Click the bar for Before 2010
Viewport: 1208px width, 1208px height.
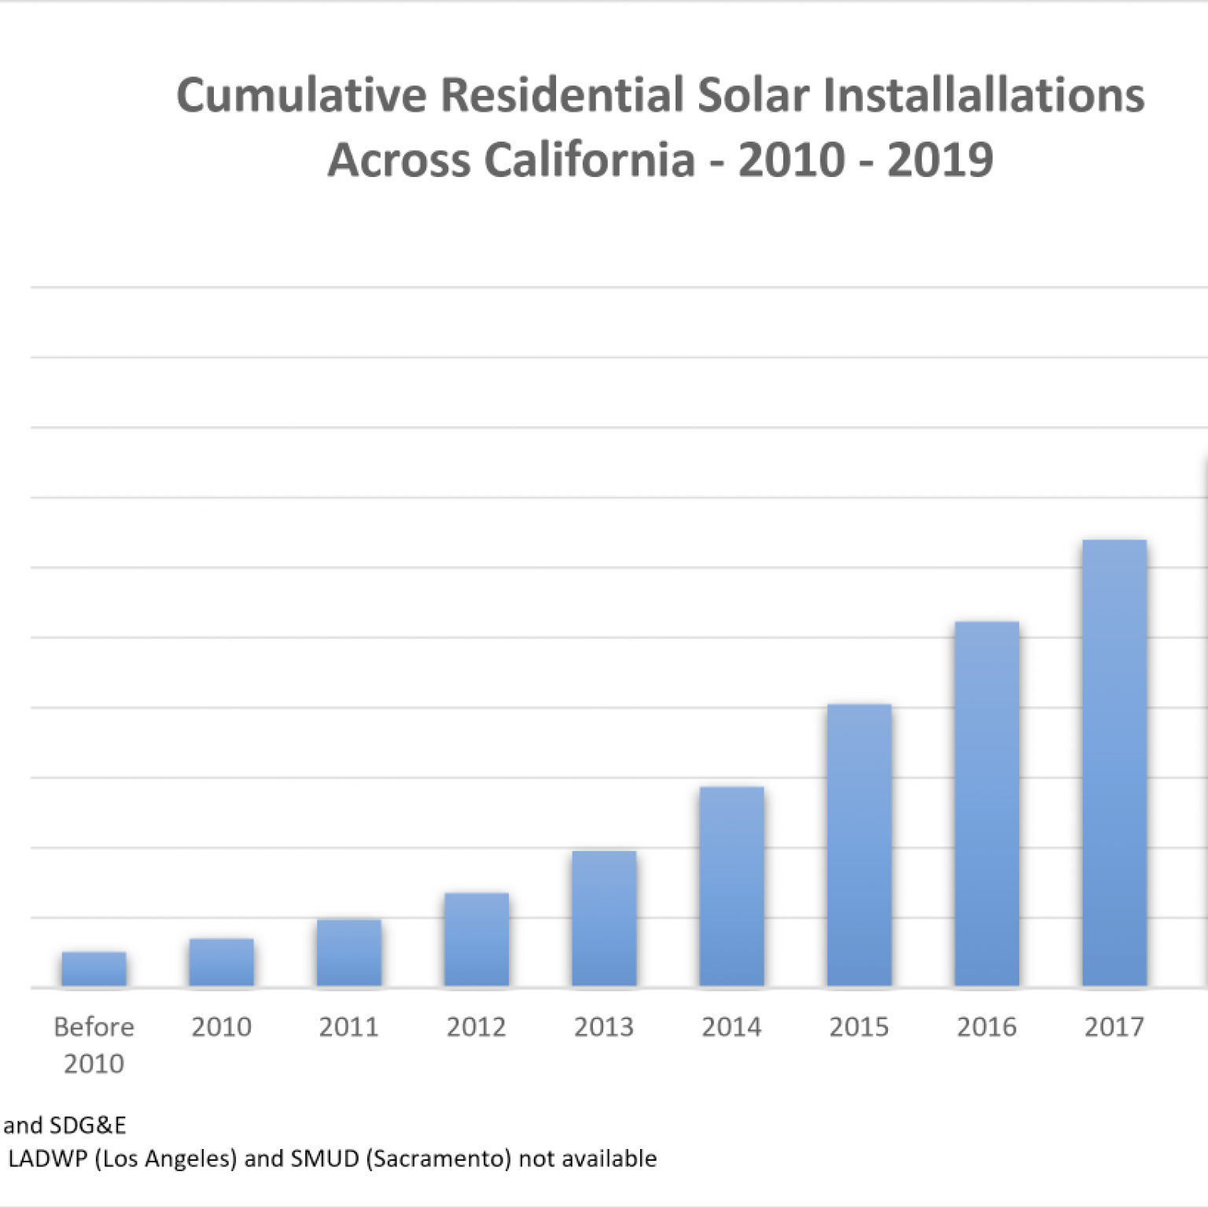coord(94,969)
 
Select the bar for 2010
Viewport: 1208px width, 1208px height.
coord(221,962)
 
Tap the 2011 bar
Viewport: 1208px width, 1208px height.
coord(349,952)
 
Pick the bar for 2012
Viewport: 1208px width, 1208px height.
coord(477,939)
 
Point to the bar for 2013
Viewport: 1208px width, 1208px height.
coord(604,918)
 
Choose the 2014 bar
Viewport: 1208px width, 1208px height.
coord(731,886)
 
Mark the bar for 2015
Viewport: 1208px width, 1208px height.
coord(859,845)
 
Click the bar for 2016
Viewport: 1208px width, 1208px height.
coord(987,804)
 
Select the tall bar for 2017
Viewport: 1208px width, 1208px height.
coord(1114,763)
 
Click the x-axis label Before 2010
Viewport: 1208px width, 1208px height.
coord(94,1044)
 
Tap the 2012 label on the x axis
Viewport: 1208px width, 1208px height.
coord(477,1026)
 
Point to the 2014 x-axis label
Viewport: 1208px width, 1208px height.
coord(731,1026)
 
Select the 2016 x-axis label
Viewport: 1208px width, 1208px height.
coord(987,1026)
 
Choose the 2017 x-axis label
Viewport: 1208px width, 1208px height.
coord(1114,1026)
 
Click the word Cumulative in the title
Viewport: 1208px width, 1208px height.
coord(302,95)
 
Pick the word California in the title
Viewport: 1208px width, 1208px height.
coord(590,160)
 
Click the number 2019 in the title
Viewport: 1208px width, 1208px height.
coord(941,160)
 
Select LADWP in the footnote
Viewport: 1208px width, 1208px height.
coord(47,1158)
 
